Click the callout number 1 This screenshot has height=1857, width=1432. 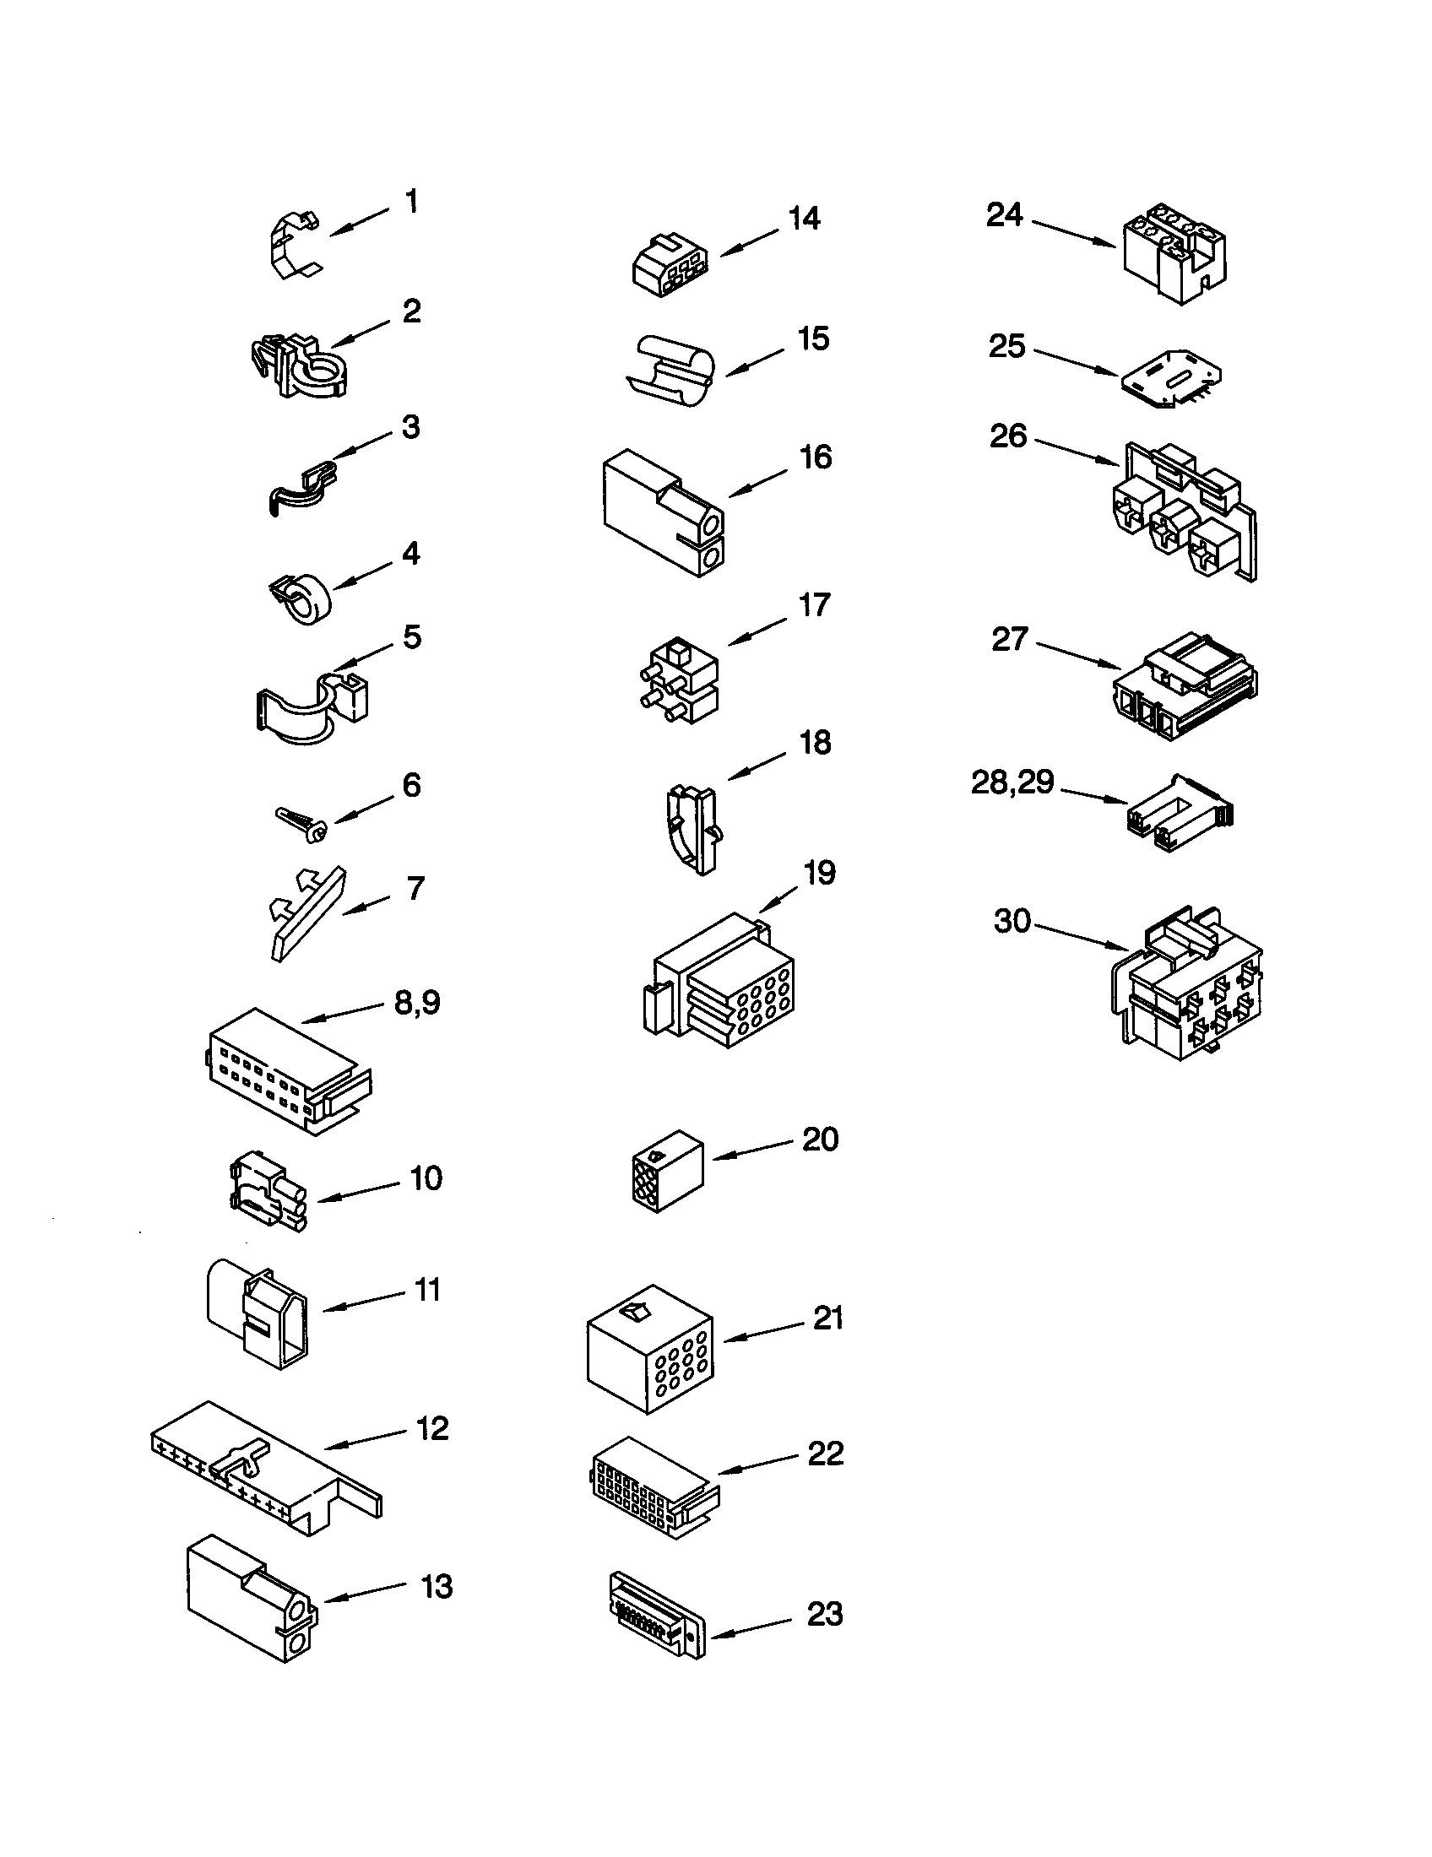pyautogui.click(x=411, y=203)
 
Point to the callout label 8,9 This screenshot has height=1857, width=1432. pyautogui.click(x=417, y=1003)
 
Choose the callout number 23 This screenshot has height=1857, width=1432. pyautogui.click(x=824, y=1613)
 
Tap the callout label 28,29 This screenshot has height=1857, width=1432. pyautogui.click(x=1012, y=782)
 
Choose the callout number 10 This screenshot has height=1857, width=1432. pyautogui.click(x=426, y=1178)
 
